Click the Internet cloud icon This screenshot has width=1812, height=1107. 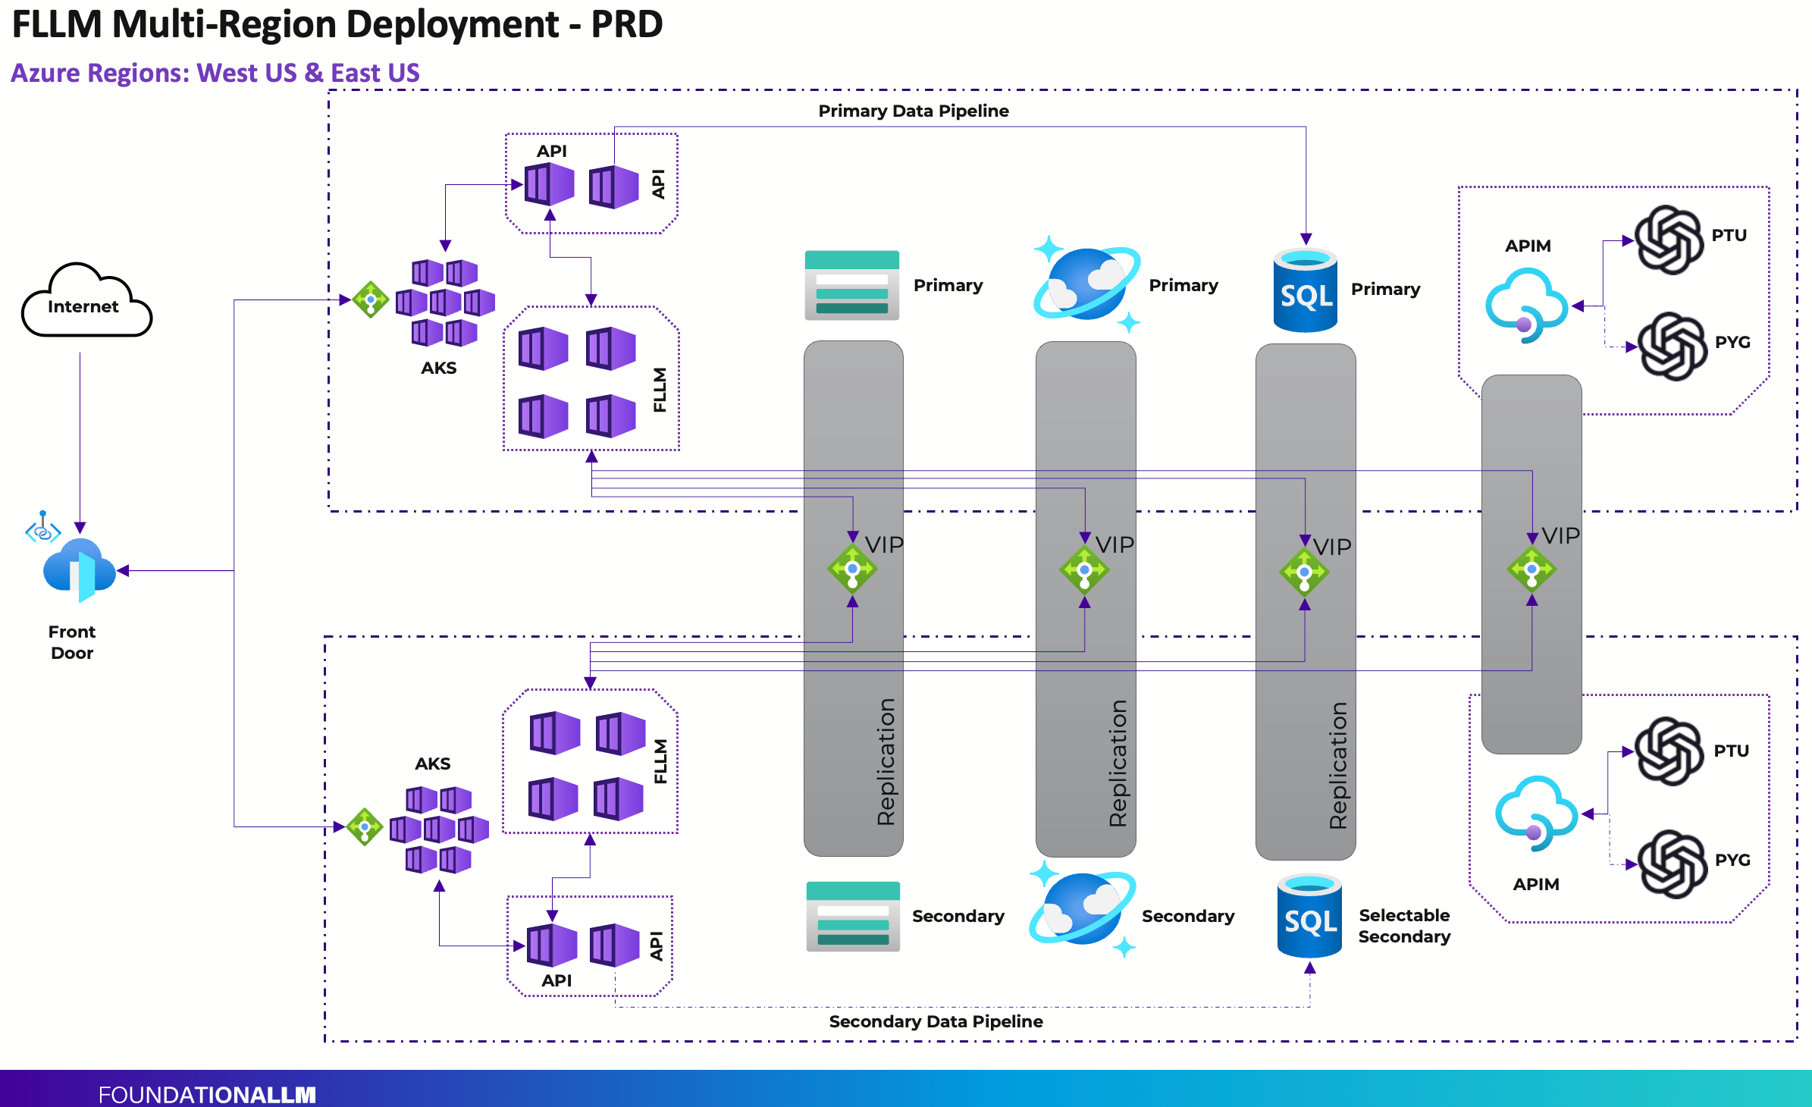click(86, 302)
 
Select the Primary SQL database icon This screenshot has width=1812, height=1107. click(1305, 290)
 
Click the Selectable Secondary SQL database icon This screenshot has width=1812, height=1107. click(1309, 916)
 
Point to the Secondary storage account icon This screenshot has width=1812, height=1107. click(853, 916)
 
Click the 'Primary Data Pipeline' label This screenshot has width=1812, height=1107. click(913, 111)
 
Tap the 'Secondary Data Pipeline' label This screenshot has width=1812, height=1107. click(936, 1021)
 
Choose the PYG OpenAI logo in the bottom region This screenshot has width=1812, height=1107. click(1672, 864)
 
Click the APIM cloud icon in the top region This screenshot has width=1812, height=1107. click(1526, 305)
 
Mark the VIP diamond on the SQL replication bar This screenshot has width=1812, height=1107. click(1304, 572)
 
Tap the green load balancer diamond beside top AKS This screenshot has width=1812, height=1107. click(371, 299)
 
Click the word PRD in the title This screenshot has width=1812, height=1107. click(626, 24)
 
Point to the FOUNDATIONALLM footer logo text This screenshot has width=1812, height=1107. click(206, 1094)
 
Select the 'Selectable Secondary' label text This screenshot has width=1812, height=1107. click(1403, 926)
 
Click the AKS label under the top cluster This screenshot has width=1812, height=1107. click(438, 368)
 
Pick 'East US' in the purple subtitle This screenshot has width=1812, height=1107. click(375, 73)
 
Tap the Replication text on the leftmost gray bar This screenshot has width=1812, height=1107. click(886, 761)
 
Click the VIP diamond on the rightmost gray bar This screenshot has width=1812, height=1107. click(1531, 569)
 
